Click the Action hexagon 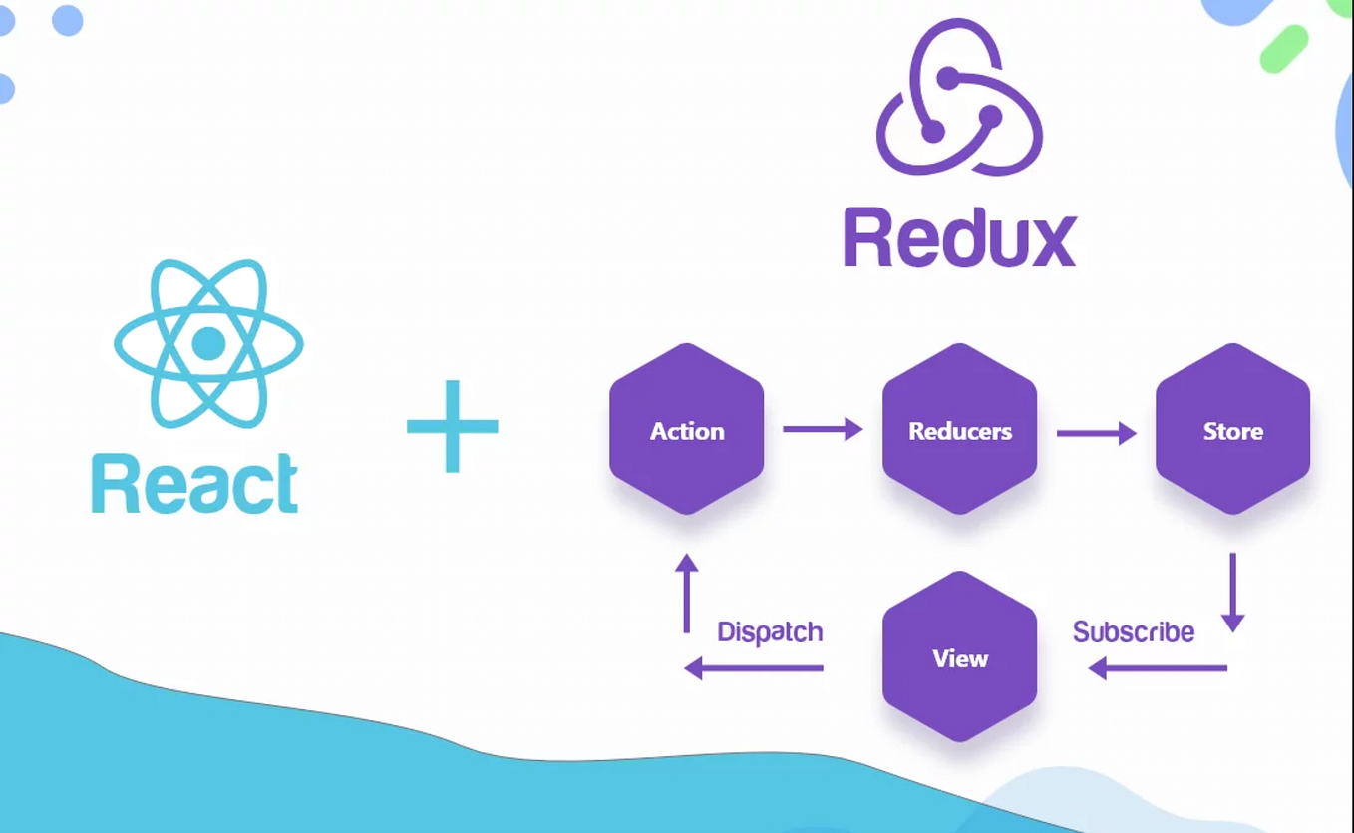[687, 430]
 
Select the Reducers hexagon [959, 430]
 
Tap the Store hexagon [1232, 430]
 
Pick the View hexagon [959, 657]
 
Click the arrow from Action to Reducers [823, 430]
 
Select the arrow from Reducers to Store [1096, 432]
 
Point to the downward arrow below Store [1233, 593]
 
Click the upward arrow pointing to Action [686, 593]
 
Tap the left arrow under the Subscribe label [1157, 668]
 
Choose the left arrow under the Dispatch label [754, 668]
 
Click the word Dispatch [770, 632]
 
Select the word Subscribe [1134, 632]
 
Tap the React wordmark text [195, 485]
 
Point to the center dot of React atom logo [208, 343]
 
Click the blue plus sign [452, 426]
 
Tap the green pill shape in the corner [1283, 49]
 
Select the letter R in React [113, 485]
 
